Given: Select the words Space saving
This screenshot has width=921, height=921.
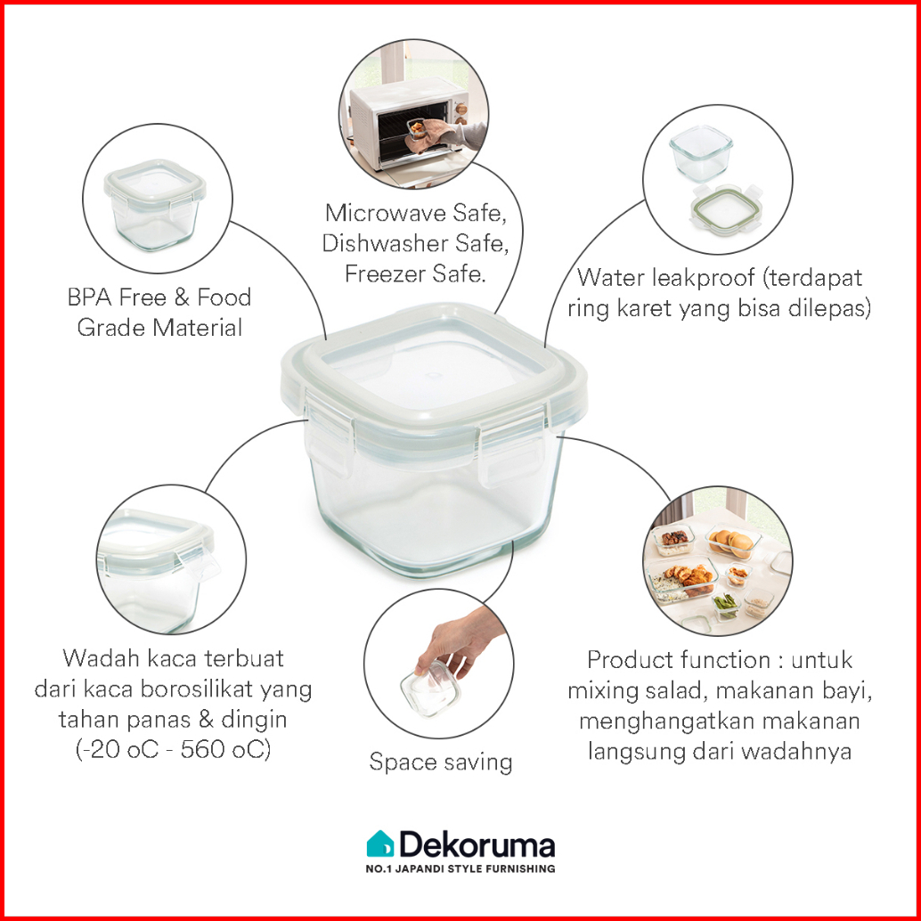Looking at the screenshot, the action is pos(441,762).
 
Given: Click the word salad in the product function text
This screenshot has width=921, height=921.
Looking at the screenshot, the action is pos(675,690).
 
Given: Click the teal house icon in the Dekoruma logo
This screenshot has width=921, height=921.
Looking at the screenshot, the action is pos(380,844).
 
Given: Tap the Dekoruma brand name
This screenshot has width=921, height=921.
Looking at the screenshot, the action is pos(477,844).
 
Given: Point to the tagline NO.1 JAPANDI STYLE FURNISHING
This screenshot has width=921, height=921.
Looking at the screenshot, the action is pos(460,868).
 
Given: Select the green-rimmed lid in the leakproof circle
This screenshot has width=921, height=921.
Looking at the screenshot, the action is pos(727,209).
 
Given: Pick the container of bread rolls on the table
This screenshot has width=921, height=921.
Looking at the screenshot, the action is pos(733,541).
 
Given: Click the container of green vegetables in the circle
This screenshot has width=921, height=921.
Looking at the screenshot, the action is pos(727,606).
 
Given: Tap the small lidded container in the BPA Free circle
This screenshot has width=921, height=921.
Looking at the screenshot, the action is pos(155,204).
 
